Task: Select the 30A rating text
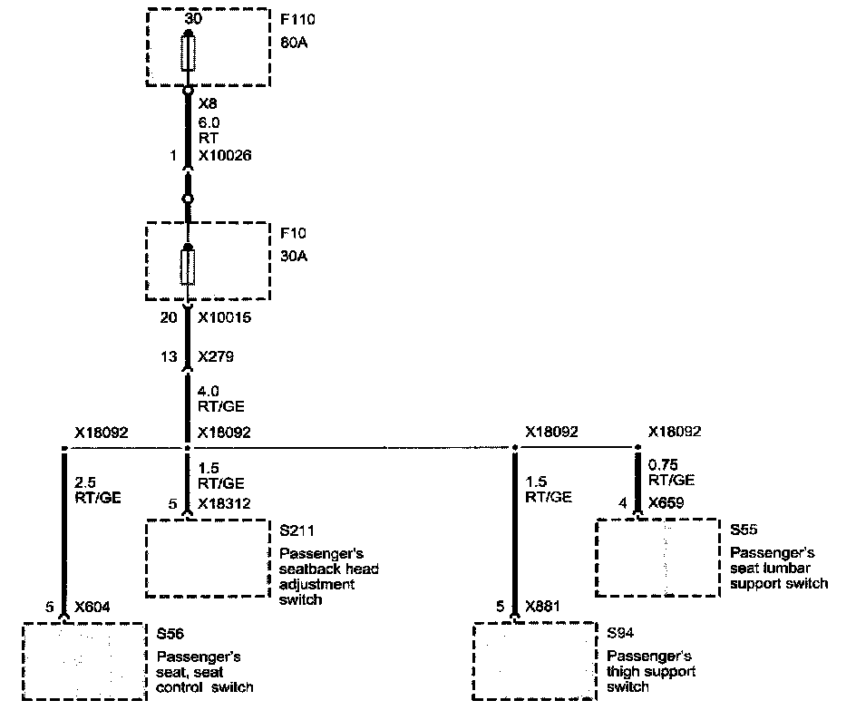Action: click(x=296, y=256)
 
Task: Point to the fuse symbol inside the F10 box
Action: click(x=188, y=267)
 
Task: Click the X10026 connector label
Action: click(x=224, y=156)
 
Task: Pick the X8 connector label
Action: click(x=208, y=104)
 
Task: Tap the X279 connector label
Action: click(x=216, y=356)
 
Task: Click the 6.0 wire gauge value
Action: click(x=209, y=122)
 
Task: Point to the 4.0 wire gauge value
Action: click(x=209, y=392)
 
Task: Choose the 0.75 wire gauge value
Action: click(x=665, y=464)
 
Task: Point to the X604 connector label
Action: click(x=93, y=608)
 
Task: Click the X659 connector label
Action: click(x=666, y=501)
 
